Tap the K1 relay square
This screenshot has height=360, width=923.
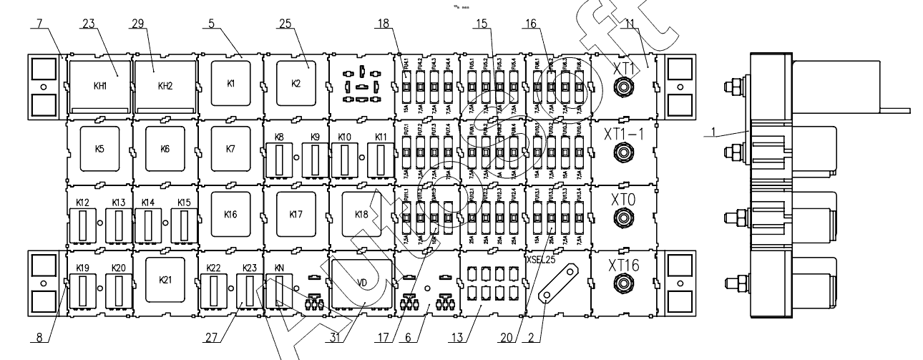pos(230,82)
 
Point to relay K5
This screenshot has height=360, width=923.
pos(99,150)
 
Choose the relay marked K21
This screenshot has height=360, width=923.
pos(165,279)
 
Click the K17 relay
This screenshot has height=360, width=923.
pos(296,214)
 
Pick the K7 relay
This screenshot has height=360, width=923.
pos(230,150)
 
